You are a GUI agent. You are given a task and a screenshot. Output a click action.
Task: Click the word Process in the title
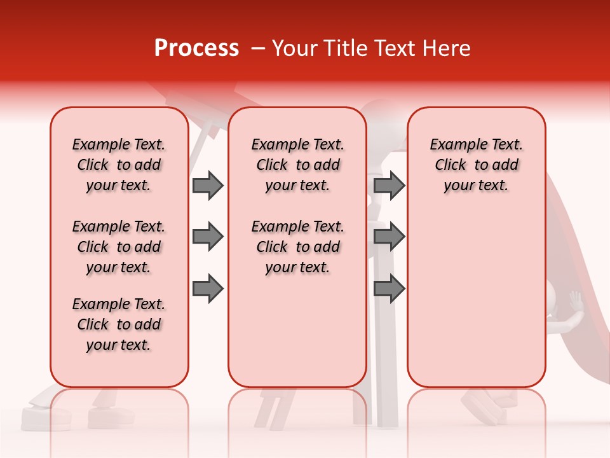(x=196, y=48)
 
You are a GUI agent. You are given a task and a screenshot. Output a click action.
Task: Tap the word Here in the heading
(x=447, y=48)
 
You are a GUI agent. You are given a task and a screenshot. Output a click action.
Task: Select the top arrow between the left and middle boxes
(x=207, y=185)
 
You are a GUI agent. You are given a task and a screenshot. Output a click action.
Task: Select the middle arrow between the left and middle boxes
(x=207, y=237)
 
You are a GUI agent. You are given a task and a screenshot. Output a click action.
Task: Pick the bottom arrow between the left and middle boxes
(x=207, y=289)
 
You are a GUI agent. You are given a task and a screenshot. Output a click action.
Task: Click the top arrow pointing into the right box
(x=389, y=185)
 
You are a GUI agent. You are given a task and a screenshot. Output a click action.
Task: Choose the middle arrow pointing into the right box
(x=389, y=237)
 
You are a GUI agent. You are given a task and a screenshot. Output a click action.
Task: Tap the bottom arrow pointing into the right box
(x=389, y=289)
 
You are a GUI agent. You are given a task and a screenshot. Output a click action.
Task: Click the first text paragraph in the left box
(x=119, y=165)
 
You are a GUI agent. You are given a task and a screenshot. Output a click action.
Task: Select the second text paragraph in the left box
(x=119, y=247)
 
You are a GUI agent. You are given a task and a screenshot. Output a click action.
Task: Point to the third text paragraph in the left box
(x=119, y=324)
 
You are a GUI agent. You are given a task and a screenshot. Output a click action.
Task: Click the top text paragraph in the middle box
(x=297, y=165)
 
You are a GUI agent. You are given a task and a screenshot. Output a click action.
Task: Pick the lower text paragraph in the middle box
(x=297, y=247)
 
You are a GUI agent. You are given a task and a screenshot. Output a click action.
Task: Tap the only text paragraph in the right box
(x=476, y=165)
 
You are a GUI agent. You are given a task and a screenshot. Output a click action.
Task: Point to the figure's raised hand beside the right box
(x=575, y=298)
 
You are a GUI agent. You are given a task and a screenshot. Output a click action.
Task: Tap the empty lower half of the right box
(x=476, y=305)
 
